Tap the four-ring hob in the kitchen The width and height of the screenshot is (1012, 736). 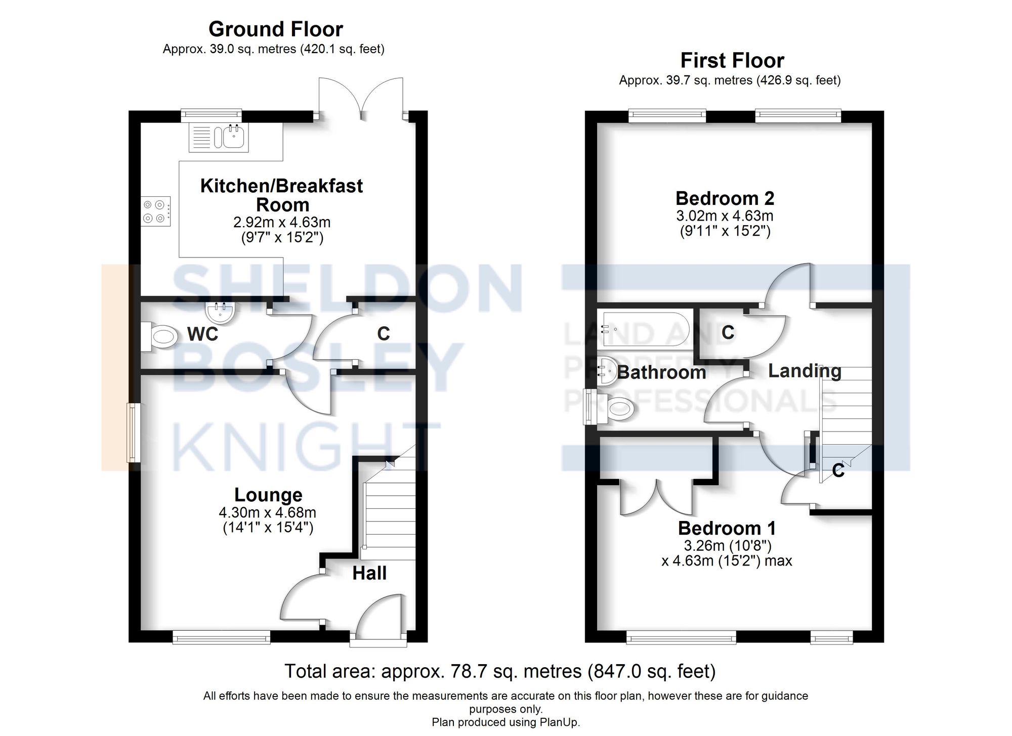click(x=156, y=211)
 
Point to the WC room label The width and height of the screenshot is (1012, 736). click(x=202, y=334)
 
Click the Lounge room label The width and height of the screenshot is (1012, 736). click(x=268, y=495)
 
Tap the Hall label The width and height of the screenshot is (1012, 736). click(x=369, y=573)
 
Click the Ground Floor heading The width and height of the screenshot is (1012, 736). click(x=276, y=29)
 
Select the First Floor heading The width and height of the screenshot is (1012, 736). click(x=732, y=61)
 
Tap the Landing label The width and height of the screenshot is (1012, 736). click(x=805, y=371)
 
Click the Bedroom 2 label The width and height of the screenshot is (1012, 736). click(x=725, y=198)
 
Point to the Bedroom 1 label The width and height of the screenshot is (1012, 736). click(x=727, y=528)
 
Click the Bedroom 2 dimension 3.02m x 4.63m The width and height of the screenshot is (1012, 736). click(x=725, y=216)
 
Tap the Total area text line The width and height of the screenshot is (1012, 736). click(x=500, y=671)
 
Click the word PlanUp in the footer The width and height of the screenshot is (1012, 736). click(x=560, y=722)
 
